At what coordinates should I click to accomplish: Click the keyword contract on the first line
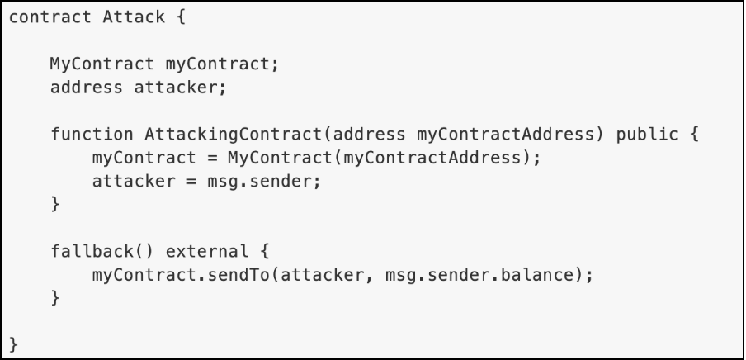click(x=50, y=17)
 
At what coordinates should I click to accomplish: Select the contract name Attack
click(x=134, y=17)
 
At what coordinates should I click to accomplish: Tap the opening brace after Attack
click(x=181, y=17)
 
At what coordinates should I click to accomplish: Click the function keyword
click(x=92, y=135)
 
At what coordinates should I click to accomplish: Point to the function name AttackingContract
click(x=233, y=135)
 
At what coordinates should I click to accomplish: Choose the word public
click(x=647, y=135)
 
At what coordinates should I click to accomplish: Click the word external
click(x=206, y=252)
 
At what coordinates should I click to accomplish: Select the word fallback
click(x=92, y=252)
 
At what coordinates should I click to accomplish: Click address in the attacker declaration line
click(x=87, y=88)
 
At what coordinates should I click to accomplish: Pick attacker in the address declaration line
click(x=176, y=88)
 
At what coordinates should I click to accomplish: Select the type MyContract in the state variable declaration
click(x=102, y=64)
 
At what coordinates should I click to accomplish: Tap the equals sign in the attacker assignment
click(x=191, y=182)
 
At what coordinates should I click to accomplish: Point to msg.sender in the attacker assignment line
click(x=259, y=182)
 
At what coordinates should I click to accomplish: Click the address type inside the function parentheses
click(x=369, y=135)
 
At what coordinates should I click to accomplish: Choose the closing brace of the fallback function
click(x=55, y=298)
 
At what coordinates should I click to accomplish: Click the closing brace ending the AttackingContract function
click(x=55, y=204)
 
